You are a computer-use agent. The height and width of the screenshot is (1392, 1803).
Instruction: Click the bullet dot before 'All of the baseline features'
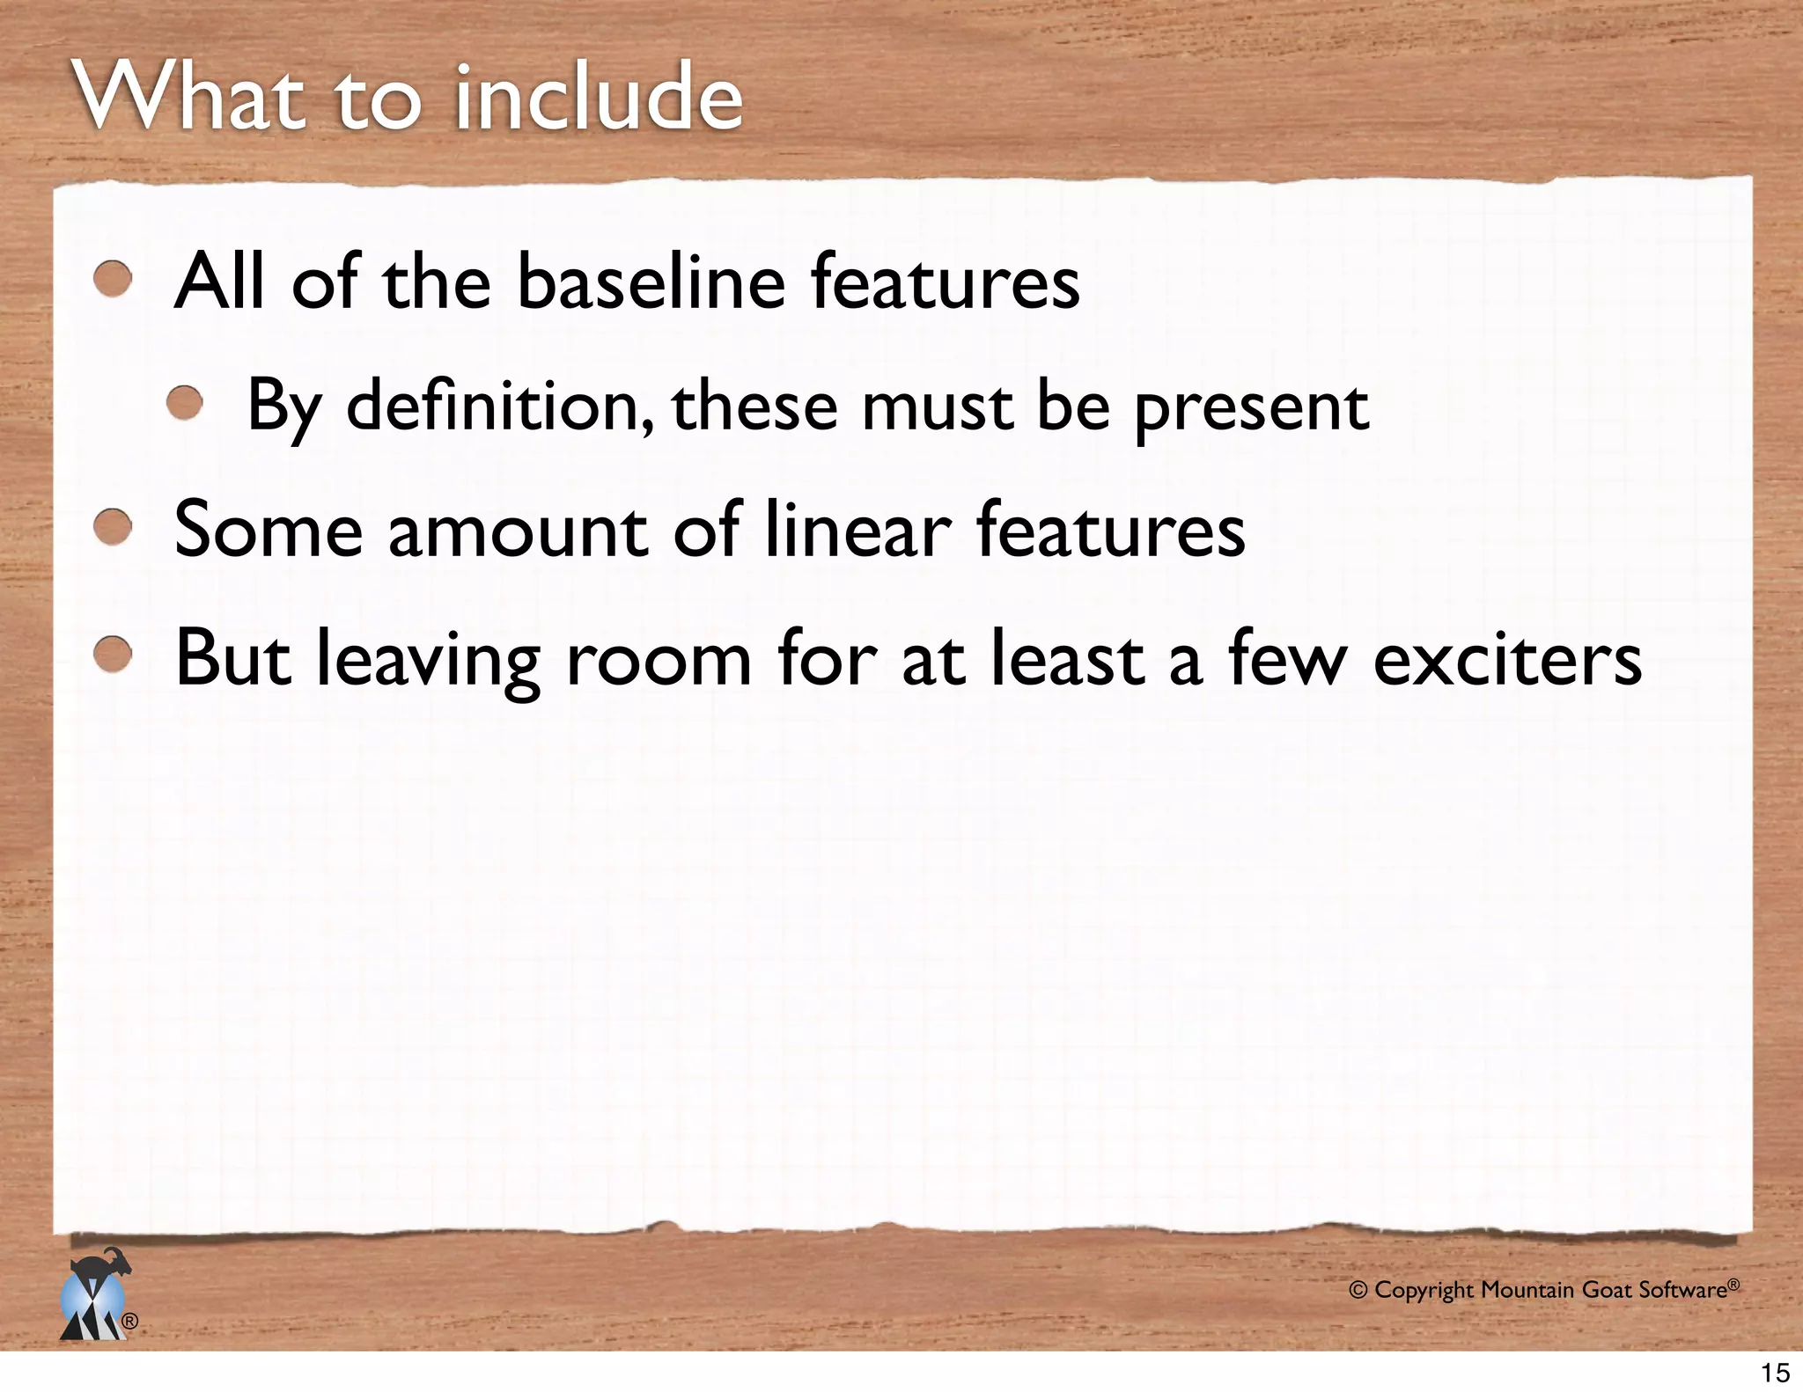[114, 279]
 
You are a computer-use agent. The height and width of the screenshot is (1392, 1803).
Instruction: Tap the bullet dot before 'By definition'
[186, 404]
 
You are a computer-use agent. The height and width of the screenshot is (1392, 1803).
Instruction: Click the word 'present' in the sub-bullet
[1251, 407]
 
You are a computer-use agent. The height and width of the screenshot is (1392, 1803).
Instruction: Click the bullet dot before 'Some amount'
[114, 528]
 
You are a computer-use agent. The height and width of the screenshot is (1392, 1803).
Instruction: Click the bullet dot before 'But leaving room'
[114, 656]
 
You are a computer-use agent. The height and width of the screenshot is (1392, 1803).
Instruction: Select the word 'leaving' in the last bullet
[429, 662]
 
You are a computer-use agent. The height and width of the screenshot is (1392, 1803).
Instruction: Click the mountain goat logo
[95, 1295]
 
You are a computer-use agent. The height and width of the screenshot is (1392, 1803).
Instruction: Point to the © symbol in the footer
[1358, 1291]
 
